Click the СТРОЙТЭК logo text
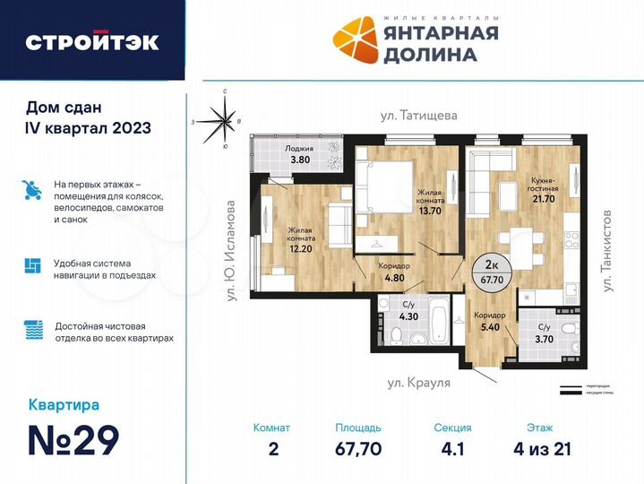click(x=92, y=41)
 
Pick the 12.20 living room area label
click(x=302, y=239)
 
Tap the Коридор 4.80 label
click(x=394, y=272)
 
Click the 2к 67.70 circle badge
click(x=490, y=272)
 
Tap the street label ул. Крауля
click(x=418, y=382)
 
